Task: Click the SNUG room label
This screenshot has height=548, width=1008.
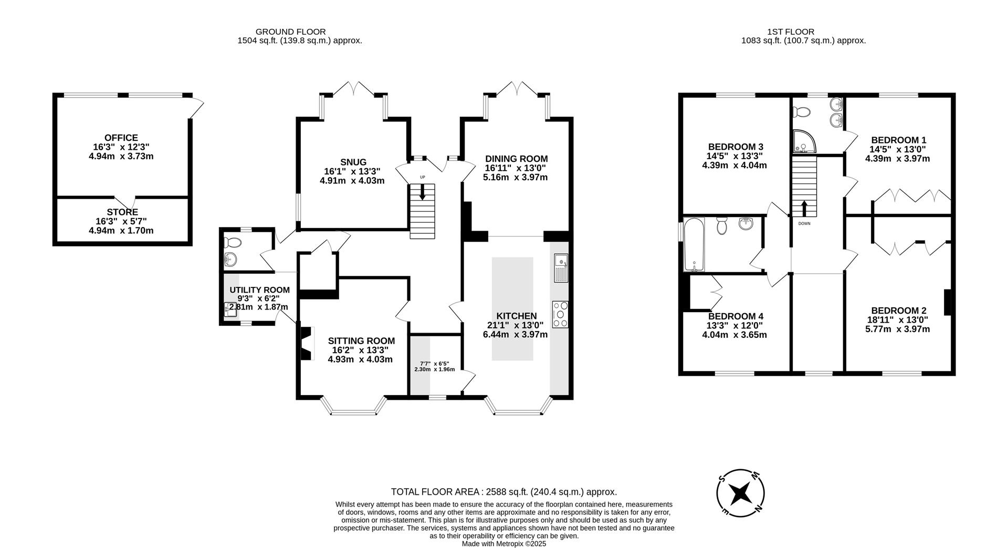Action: tap(353, 162)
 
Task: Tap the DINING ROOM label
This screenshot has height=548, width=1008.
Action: tap(516, 159)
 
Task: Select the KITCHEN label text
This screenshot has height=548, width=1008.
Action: tap(516, 316)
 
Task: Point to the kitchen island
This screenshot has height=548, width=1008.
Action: tap(512, 308)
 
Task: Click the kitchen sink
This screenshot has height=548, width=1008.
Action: tap(561, 268)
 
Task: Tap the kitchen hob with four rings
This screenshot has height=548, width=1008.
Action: tap(560, 314)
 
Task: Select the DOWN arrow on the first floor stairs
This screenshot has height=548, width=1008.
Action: tap(804, 208)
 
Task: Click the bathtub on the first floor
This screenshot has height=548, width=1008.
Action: tap(694, 244)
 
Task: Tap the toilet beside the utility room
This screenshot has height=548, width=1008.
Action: tap(232, 242)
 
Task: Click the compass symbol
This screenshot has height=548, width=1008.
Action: tap(740, 493)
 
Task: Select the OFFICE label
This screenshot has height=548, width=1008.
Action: tap(121, 138)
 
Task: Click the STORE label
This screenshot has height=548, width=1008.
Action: tap(123, 212)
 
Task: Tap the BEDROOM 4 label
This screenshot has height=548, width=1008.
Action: tap(736, 316)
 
